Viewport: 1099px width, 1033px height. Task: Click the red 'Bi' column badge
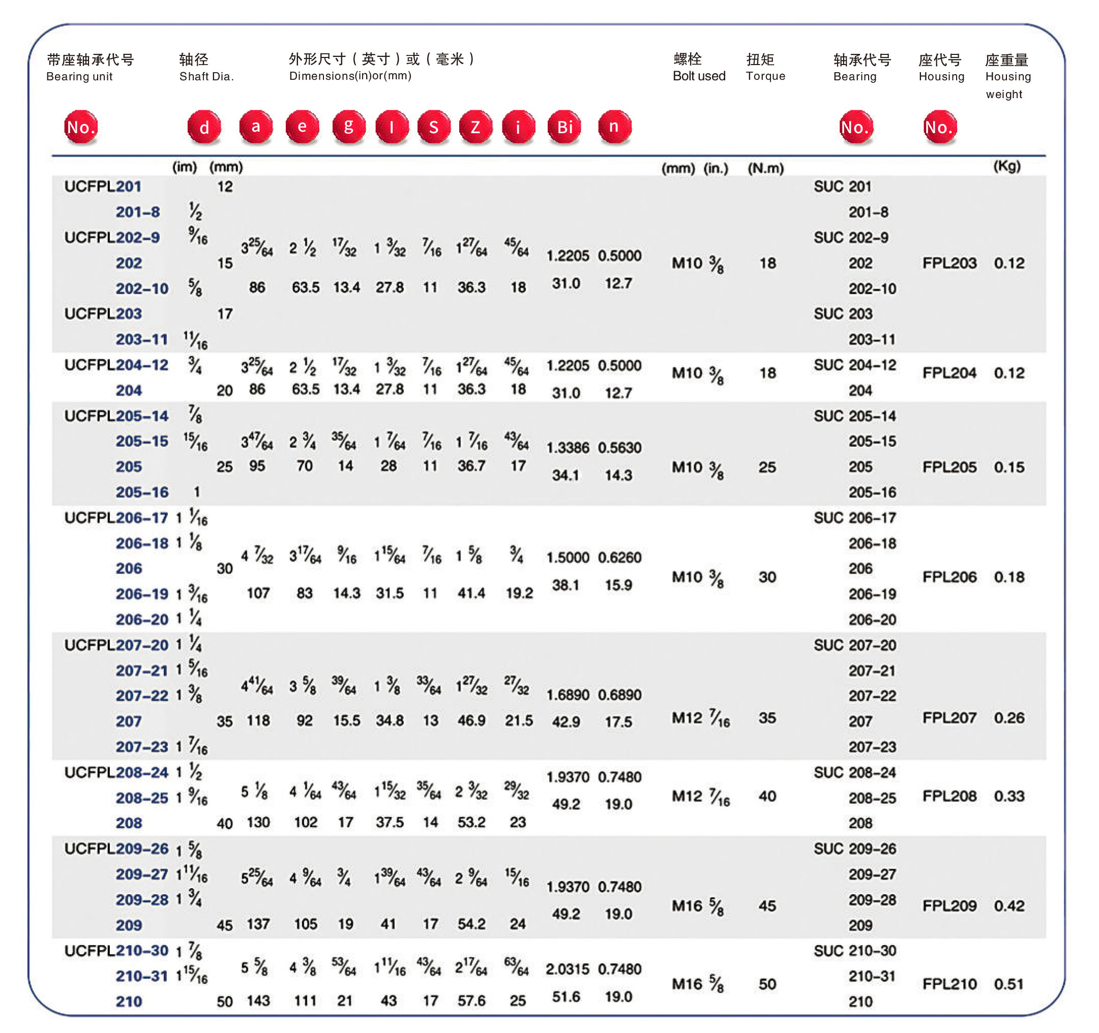coord(564,127)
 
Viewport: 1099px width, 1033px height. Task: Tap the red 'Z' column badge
coord(475,127)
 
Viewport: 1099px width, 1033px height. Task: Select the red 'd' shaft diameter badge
coord(204,127)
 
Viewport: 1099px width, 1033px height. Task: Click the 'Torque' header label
coord(765,76)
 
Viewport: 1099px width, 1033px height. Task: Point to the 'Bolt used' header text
coord(699,76)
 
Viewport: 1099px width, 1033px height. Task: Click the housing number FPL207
coord(948,717)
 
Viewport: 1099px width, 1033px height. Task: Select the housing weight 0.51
coord(1009,983)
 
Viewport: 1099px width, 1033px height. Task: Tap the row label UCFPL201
coord(103,186)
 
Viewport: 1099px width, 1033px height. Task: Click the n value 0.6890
coord(619,694)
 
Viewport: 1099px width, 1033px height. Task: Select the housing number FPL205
coord(948,467)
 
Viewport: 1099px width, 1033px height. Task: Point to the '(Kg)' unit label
coord(1006,166)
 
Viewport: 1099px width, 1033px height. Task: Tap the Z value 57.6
coord(471,1000)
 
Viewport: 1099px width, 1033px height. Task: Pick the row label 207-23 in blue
coord(141,746)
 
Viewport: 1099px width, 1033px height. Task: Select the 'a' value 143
coord(258,1000)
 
